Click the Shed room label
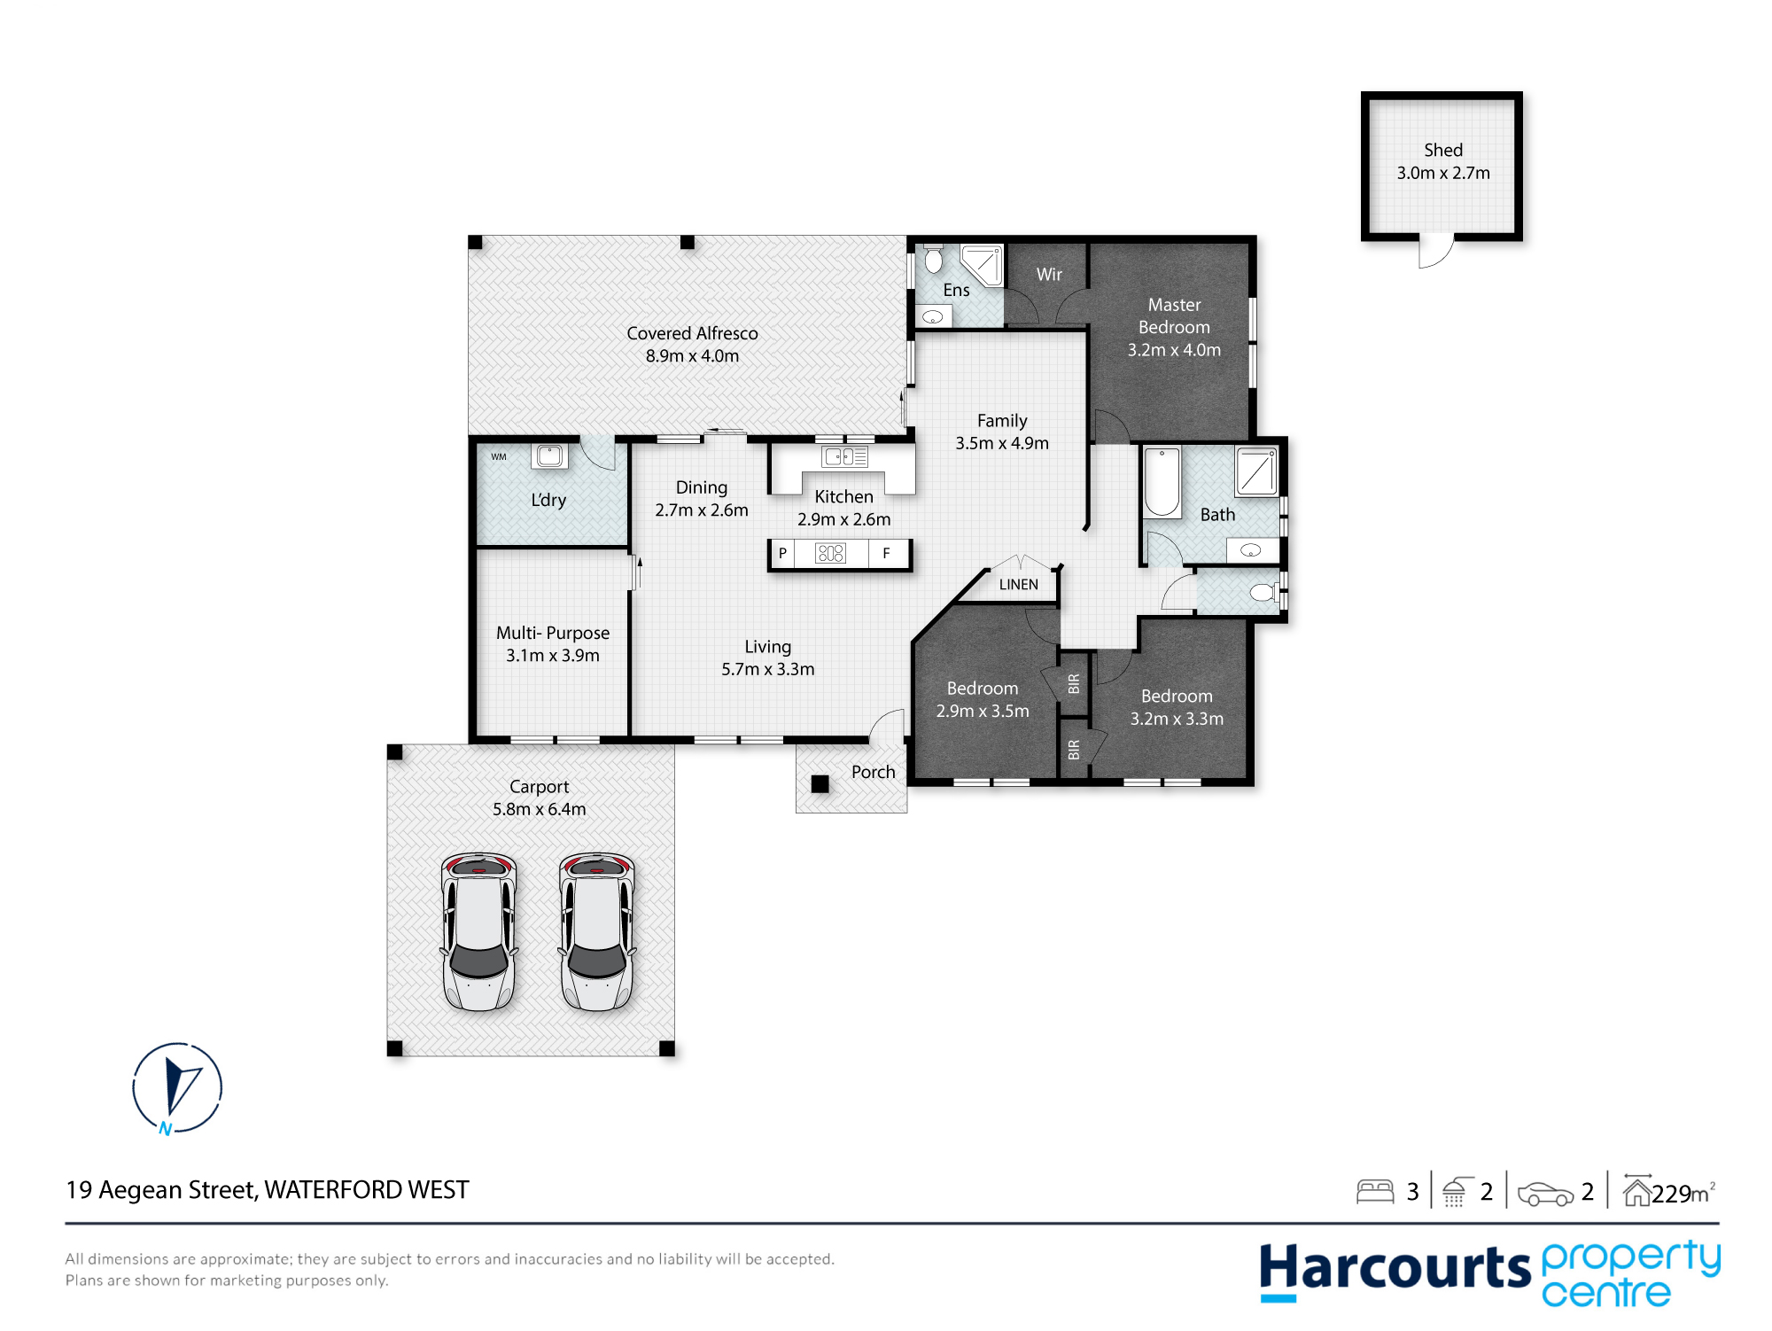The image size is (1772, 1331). pos(1443,150)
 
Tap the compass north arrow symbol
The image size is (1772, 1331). pos(177,1088)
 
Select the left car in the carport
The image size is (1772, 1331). pos(478,931)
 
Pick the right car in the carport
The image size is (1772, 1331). pos(597,931)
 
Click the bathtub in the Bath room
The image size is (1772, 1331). pos(1162,482)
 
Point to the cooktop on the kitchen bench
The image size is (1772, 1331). pos(830,553)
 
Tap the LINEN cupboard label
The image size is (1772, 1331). pos(1018,585)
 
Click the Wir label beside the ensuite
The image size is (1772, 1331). pos(1049,275)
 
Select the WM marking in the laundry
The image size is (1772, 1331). pos(499,457)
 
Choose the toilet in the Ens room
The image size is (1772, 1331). pos(933,259)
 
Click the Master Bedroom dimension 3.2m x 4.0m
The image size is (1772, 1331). pos(1174,350)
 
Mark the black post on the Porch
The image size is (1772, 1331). pos(820,783)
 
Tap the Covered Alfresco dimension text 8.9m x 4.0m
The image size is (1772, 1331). pos(692,356)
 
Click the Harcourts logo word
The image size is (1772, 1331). pos(1395,1269)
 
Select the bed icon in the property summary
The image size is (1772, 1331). pos(1375,1191)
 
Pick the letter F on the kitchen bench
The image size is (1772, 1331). pos(886,553)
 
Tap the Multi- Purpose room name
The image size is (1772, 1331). pos(553,633)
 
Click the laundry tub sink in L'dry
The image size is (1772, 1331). pos(549,455)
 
